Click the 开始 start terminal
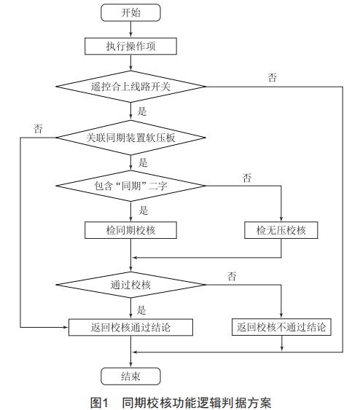(x=130, y=12)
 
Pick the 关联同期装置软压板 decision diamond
(x=130, y=137)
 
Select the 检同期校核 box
(x=130, y=230)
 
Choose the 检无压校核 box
(x=281, y=230)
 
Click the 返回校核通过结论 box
(x=130, y=327)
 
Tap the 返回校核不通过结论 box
(x=281, y=327)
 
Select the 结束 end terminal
(x=130, y=377)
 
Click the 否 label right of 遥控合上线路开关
(x=273, y=77)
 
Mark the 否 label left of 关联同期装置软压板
(x=38, y=128)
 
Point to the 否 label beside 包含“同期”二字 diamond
(x=247, y=177)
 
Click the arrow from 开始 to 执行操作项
(x=130, y=29)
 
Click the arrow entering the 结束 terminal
(x=130, y=360)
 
